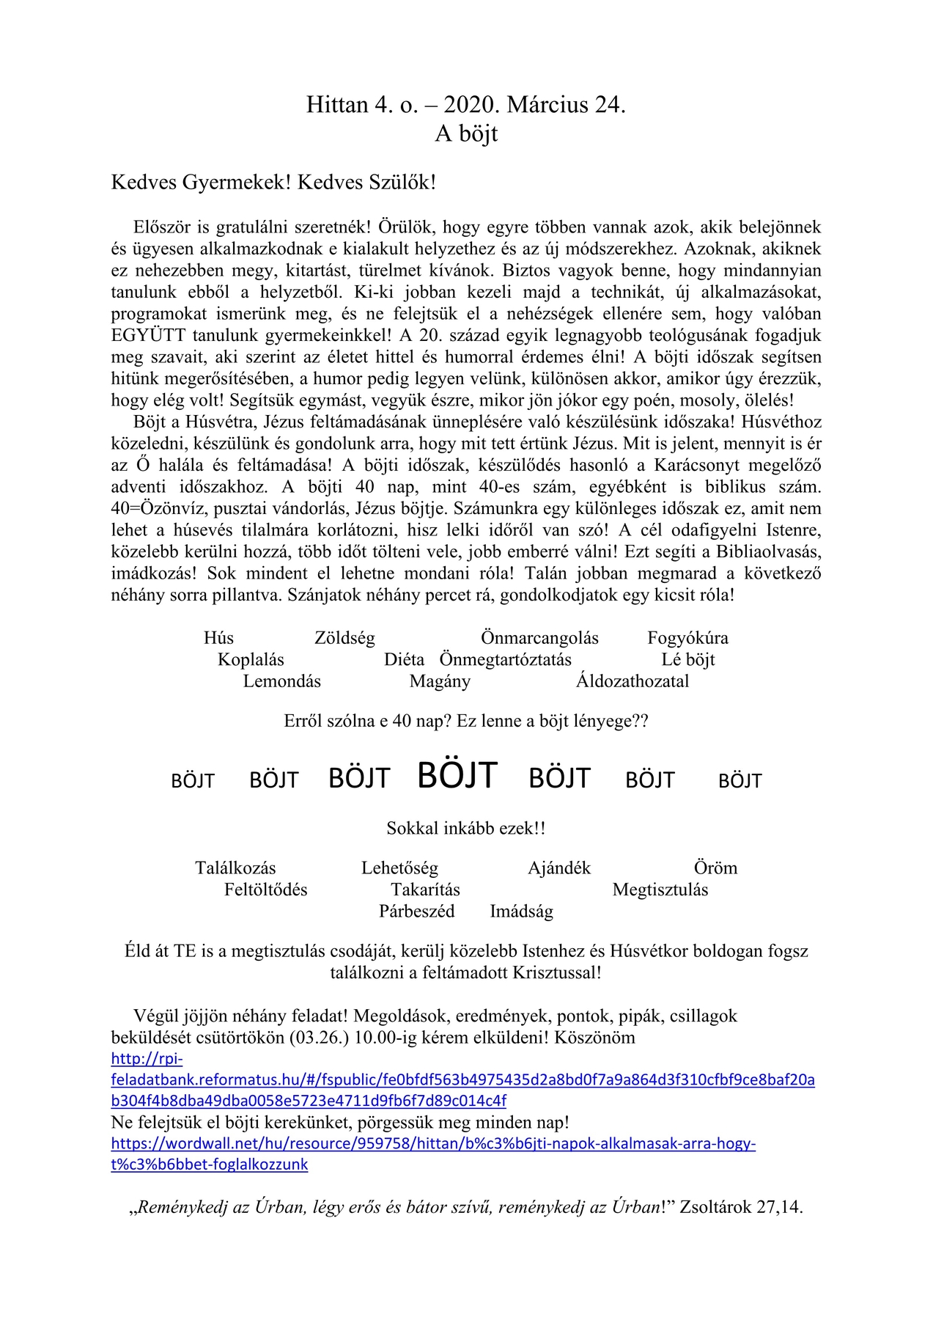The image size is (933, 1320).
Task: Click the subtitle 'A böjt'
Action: pyautogui.click(x=466, y=134)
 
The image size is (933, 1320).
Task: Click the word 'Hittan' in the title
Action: pyautogui.click(x=337, y=106)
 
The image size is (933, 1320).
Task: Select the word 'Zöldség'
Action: pyautogui.click(x=344, y=639)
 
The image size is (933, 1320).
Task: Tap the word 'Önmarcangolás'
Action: pyautogui.click(x=539, y=638)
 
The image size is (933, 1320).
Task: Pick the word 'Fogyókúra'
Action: pyautogui.click(x=687, y=639)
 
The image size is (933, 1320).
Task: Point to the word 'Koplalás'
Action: pyautogui.click(x=251, y=660)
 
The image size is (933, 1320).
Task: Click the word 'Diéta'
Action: pyautogui.click(x=404, y=660)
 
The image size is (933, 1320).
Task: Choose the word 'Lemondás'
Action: pyautogui.click(x=282, y=682)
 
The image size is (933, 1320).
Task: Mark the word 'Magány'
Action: pyautogui.click(x=440, y=682)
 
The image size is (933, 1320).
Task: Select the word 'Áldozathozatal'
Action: pyautogui.click(x=633, y=682)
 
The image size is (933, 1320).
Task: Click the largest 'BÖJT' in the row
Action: pyautogui.click(x=457, y=776)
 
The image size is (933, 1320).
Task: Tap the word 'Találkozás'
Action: pyautogui.click(x=235, y=869)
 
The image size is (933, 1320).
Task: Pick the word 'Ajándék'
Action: pyautogui.click(x=559, y=869)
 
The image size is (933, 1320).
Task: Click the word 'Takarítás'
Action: pyautogui.click(x=425, y=890)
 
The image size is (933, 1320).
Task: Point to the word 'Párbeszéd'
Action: pyautogui.click(x=416, y=912)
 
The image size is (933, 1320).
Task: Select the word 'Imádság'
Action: pyautogui.click(x=521, y=912)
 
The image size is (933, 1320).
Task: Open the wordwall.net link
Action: pyautogui.click(x=432, y=1144)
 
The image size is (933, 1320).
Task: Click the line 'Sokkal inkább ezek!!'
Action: pyautogui.click(x=466, y=829)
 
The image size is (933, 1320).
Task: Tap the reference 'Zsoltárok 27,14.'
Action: pyautogui.click(x=741, y=1208)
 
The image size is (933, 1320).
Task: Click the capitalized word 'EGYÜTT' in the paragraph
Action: pyautogui.click(x=149, y=336)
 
